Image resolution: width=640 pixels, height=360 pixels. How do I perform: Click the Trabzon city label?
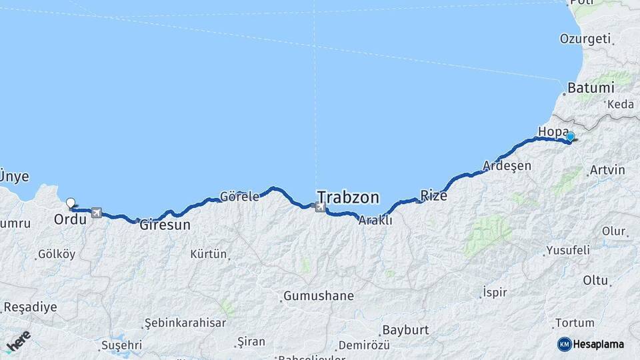[348, 197]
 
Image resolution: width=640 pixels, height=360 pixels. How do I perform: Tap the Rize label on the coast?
[433, 195]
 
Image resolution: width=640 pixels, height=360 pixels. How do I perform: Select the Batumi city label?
[590, 88]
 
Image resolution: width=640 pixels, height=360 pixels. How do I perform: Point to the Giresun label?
[165, 225]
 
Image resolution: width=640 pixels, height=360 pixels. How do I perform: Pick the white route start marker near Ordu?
[71, 201]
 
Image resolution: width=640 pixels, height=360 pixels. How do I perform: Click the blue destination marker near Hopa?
[570, 137]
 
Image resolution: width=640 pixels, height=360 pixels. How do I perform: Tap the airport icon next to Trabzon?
[321, 207]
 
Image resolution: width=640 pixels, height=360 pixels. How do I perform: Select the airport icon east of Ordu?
[97, 213]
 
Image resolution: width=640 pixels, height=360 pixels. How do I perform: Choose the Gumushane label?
[319, 295]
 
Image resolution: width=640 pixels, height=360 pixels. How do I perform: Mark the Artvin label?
[607, 171]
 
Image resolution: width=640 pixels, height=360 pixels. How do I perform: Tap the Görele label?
[239, 197]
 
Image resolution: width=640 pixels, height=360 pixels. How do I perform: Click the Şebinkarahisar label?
[185, 323]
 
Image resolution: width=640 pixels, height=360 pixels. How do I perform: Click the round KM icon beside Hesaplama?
[564, 344]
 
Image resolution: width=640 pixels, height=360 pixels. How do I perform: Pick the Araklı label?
[375, 221]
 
